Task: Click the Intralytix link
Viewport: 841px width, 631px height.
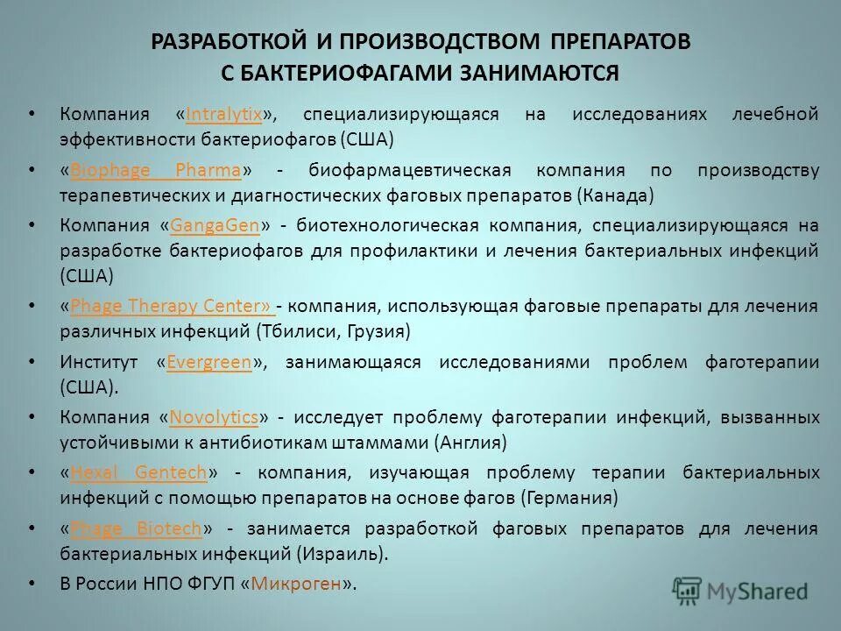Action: click(x=224, y=115)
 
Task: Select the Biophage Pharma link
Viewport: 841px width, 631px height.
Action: click(x=155, y=170)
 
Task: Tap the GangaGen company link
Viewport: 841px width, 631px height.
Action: click(x=215, y=225)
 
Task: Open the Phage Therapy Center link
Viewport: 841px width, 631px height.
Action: click(x=172, y=307)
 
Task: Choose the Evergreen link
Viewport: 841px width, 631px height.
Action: click(x=208, y=362)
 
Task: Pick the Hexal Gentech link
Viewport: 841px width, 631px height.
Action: click(x=138, y=472)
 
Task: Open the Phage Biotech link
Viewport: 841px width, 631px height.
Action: click(x=136, y=528)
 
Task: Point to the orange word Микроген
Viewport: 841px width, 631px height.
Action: click(x=295, y=584)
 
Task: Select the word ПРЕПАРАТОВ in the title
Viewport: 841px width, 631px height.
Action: click(x=620, y=42)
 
